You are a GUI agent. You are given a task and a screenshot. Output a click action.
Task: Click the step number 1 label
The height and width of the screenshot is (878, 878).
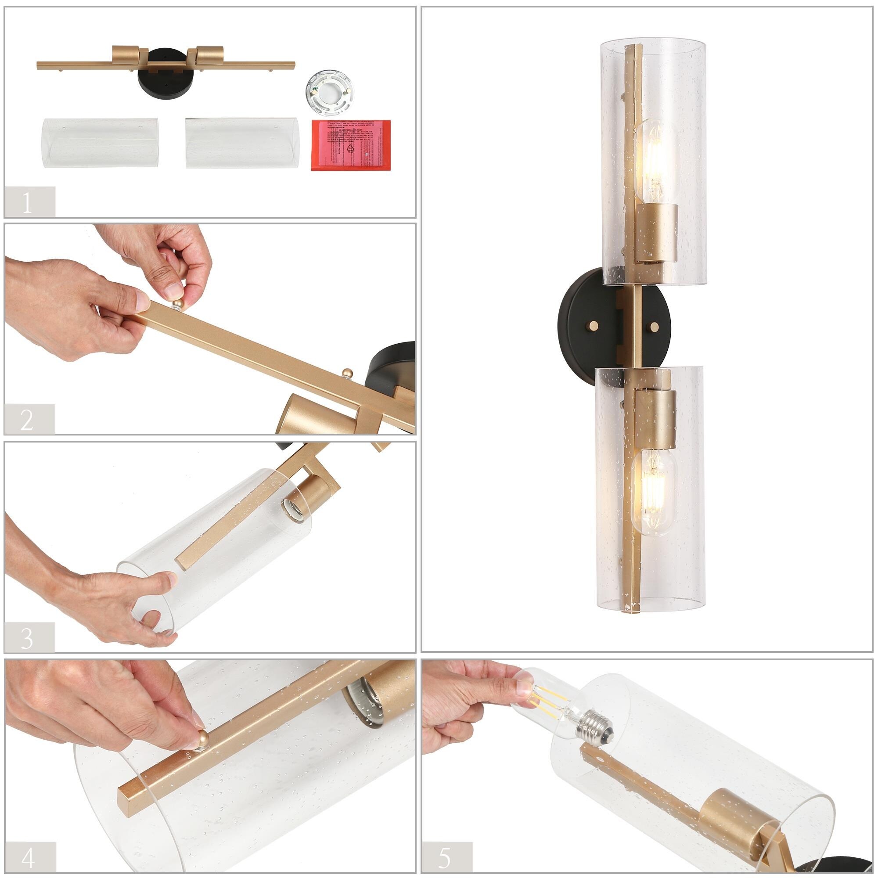(x=27, y=202)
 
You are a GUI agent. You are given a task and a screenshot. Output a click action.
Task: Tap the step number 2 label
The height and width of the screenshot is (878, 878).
(x=27, y=419)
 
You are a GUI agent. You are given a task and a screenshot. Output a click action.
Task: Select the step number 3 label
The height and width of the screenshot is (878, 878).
(x=27, y=637)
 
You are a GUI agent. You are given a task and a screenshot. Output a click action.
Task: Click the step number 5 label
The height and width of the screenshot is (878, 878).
(x=445, y=856)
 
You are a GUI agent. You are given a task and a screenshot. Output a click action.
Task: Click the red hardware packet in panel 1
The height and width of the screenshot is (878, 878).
(x=351, y=145)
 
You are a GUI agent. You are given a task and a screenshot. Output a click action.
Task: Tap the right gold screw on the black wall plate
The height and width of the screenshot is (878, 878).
(x=655, y=327)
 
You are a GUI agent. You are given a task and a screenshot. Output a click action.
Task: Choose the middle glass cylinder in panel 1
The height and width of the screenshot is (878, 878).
(x=243, y=143)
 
